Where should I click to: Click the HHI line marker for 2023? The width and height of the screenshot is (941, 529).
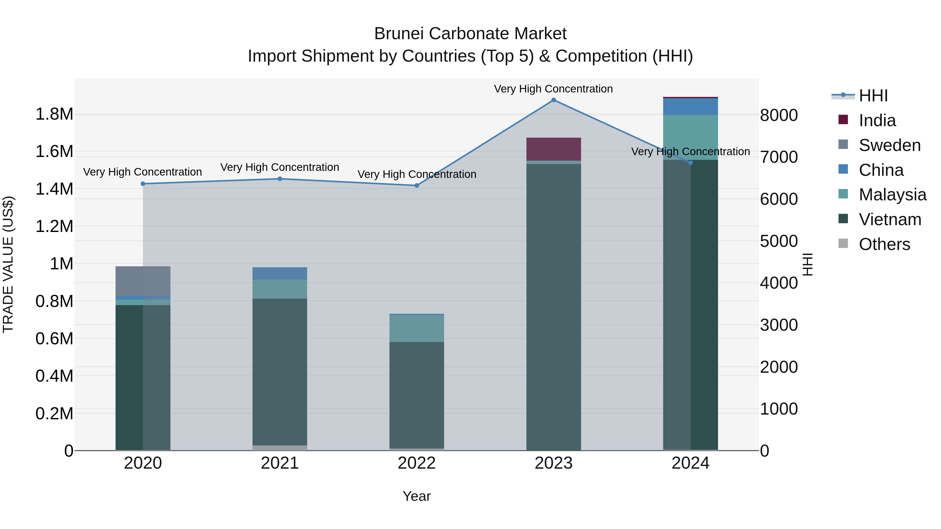pyautogui.click(x=553, y=100)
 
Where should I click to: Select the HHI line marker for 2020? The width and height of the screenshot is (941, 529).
pyautogui.click(x=143, y=184)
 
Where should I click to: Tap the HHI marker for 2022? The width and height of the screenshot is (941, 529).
pyautogui.click(x=416, y=185)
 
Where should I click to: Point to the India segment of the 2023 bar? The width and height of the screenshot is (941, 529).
pyautogui.click(x=553, y=149)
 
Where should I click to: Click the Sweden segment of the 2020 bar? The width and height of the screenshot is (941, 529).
pyautogui.click(x=143, y=281)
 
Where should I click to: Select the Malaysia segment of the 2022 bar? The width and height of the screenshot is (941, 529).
pyautogui.click(x=416, y=328)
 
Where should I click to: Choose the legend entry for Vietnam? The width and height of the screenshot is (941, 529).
pyautogui.click(x=890, y=219)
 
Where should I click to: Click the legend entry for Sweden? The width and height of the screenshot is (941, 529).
pyautogui.click(x=889, y=145)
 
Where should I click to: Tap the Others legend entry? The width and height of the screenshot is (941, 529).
pyautogui.click(x=884, y=244)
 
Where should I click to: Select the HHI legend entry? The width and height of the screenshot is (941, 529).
pyautogui.click(x=873, y=96)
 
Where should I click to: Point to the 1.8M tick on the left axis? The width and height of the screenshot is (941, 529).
pyautogui.click(x=54, y=114)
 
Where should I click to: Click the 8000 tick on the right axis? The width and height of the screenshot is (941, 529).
pyautogui.click(x=779, y=115)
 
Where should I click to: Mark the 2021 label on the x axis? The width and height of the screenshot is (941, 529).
pyautogui.click(x=279, y=463)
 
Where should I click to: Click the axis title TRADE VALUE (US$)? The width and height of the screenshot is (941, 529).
pyautogui.click(x=8, y=264)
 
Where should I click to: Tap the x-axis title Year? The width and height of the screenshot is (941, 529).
pyautogui.click(x=416, y=496)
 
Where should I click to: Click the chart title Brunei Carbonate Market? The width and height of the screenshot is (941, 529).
pyautogui.click(x=470, y=34)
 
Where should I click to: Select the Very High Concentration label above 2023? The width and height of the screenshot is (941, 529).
pyautogui.click(x=553, y=89)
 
